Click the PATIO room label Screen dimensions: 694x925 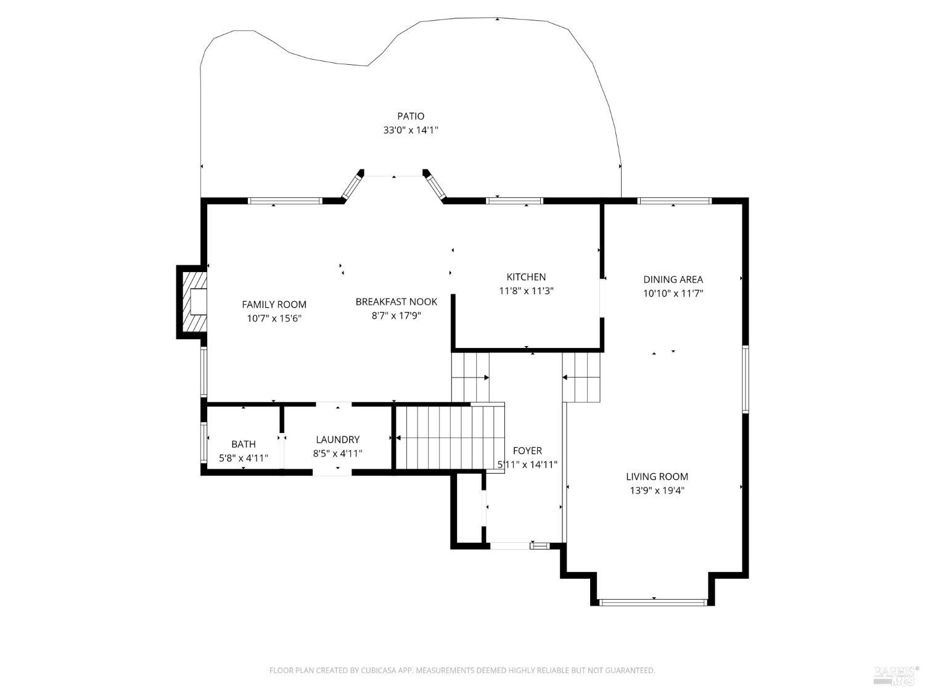[410, 116]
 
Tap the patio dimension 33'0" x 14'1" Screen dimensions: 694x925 [410, 131]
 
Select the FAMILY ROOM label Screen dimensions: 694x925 [274, 304]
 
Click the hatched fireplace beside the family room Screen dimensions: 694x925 [192, 302]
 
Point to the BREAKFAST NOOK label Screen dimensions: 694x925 [396, 302]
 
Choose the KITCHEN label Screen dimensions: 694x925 [526, 277]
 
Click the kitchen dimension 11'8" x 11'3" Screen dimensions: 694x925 [526, 291]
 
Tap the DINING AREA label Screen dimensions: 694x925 [673, 279]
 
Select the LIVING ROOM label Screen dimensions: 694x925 [657, 476]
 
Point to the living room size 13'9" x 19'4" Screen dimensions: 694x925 [657, 491]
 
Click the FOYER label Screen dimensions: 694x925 [527, 451]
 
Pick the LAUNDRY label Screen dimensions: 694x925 [337, 439]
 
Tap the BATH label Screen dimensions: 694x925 [244, 444]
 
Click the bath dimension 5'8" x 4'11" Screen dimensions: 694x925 [244, 458]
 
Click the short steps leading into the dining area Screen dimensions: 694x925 [581, 377]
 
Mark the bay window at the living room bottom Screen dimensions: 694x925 [653, 602]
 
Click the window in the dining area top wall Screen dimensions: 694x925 [674, 200]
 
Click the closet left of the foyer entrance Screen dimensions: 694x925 [469, 509]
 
